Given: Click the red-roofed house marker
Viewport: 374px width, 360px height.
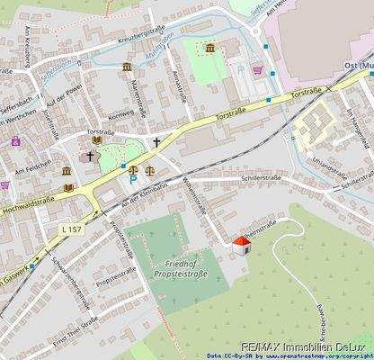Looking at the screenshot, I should click(241, 246).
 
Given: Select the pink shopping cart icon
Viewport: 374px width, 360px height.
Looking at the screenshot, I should click(259, 68).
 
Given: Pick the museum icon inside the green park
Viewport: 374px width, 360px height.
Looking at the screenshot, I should click(210, 47).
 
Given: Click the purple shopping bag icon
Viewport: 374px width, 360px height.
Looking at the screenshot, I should click(15, 140).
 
